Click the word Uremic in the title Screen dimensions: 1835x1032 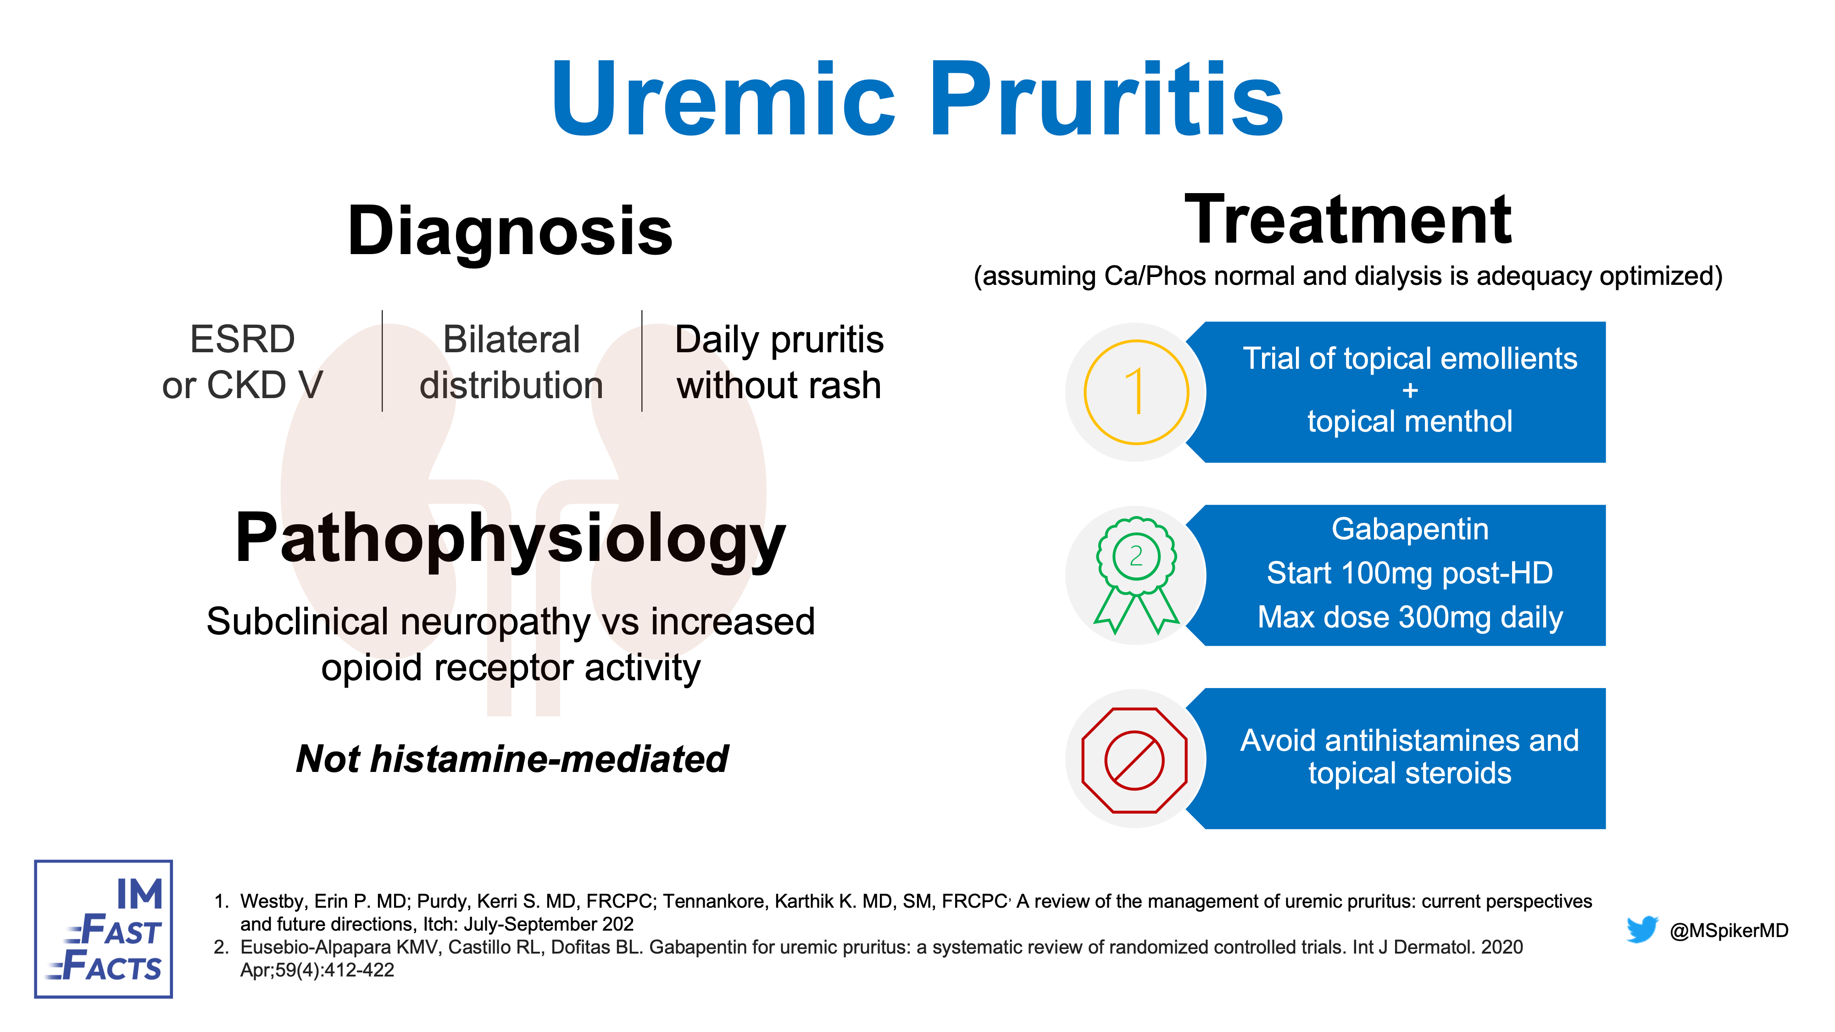(x=723, y=99)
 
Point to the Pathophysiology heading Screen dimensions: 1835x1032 (x=510, y=540)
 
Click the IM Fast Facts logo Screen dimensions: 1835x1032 (x=103, y=929)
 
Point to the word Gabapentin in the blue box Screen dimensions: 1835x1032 (x=1410, y=529)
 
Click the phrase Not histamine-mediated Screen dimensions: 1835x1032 (x=512, y=759)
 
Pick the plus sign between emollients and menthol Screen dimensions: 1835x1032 (x=1410, y=390)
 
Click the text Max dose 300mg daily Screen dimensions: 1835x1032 (x=1410, y=617)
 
